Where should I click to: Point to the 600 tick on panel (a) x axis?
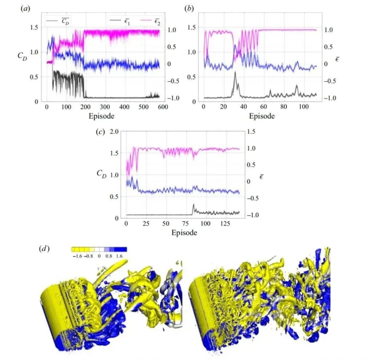(163, 107)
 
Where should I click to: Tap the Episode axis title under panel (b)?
(262, 116)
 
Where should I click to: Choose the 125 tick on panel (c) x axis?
(226, 224)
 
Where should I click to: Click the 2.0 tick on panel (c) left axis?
(114, 131)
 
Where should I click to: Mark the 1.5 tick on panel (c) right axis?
(251, 131)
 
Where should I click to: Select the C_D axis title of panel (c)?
(102, 173)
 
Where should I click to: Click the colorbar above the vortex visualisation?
(99, 250)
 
